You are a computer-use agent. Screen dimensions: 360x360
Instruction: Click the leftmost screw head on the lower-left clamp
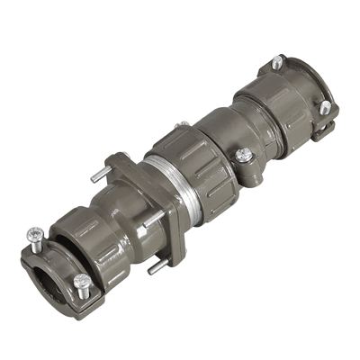[x=35, y=236]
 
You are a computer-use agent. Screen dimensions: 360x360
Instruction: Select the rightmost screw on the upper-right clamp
[x=325, y=107]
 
